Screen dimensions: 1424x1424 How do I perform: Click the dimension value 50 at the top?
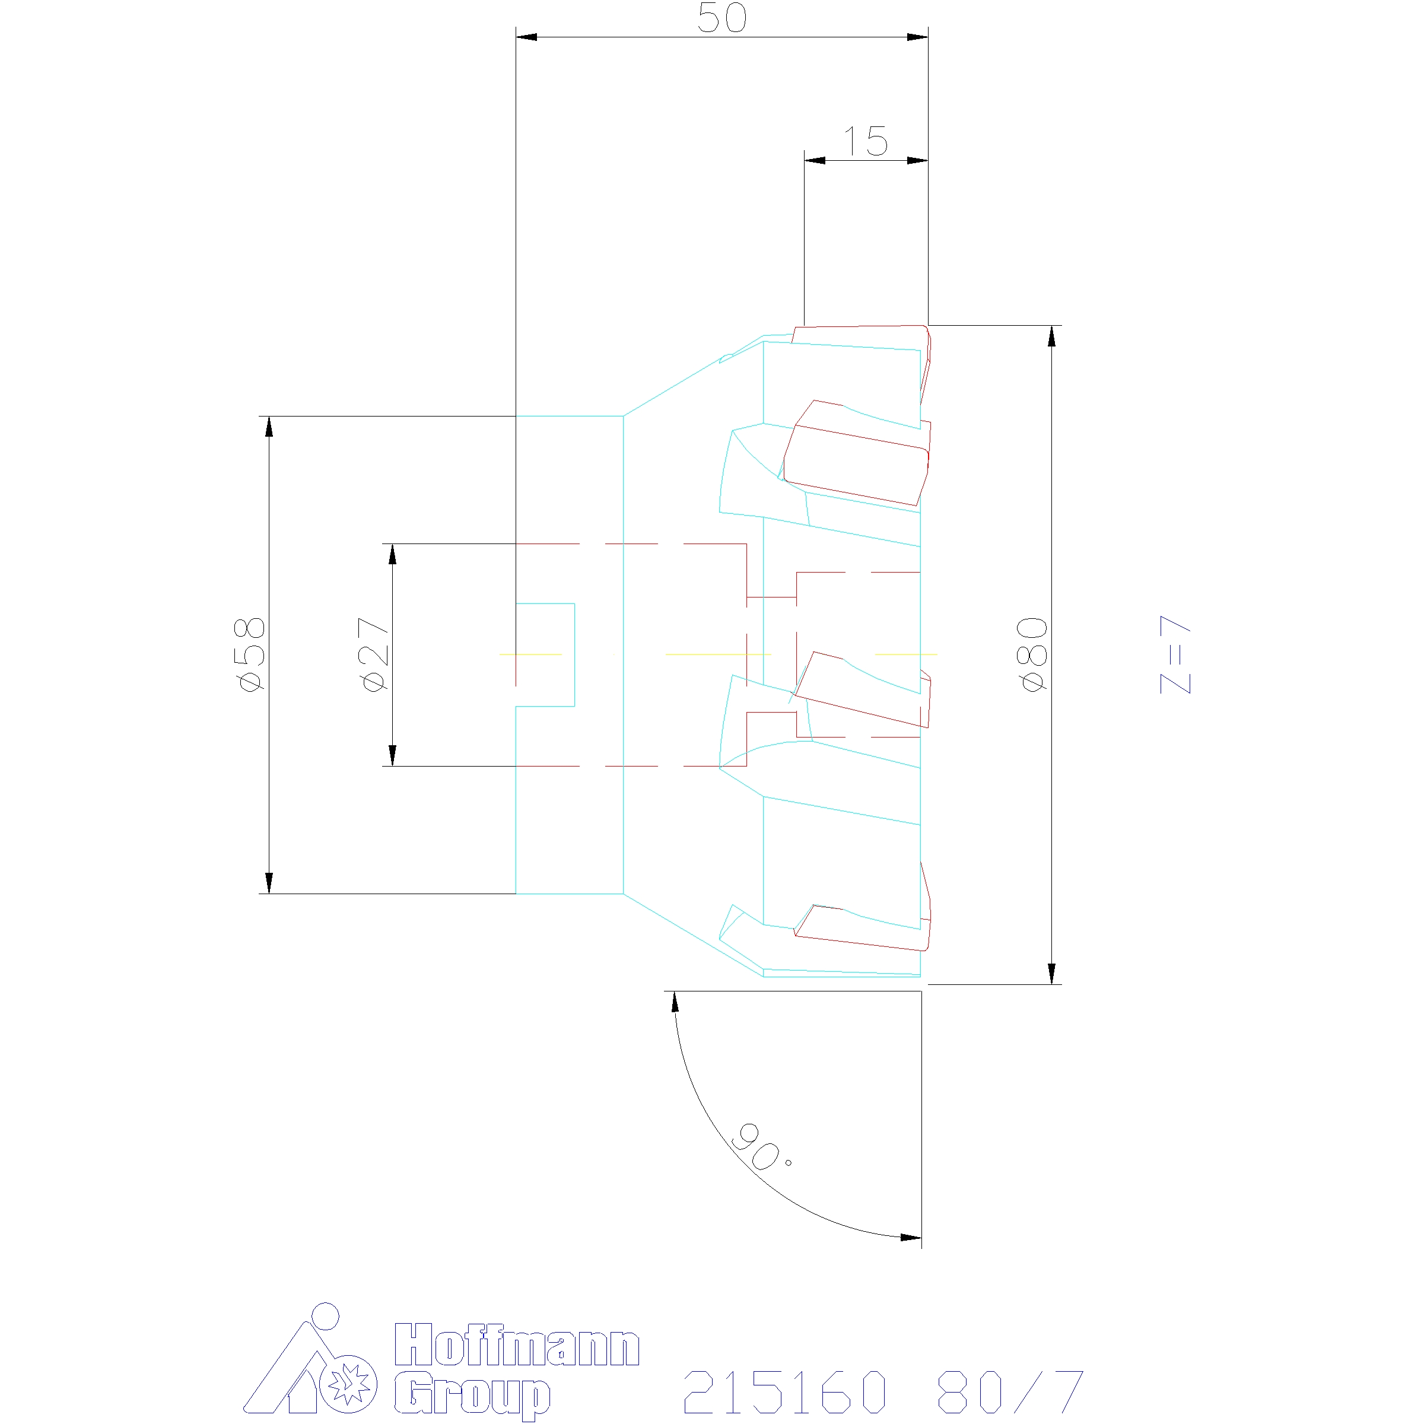(x=721, y=18)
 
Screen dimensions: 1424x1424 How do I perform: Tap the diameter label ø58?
(x=249, y=654)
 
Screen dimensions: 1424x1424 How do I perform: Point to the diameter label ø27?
(x=374, y=654)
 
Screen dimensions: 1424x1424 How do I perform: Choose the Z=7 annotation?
(x=1175, y=654)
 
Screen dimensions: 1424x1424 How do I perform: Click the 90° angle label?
(x=759, y=1150)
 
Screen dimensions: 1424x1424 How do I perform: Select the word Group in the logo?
(x=472, y=1393)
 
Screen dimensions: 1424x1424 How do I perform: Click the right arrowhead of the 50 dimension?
(x=918, y=37)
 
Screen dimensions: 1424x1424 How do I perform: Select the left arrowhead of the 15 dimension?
(x=813, y=160)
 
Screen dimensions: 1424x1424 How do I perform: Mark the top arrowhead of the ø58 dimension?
(x=269, y=426)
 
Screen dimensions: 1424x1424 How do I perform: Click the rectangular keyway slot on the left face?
(x=545, y=654)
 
